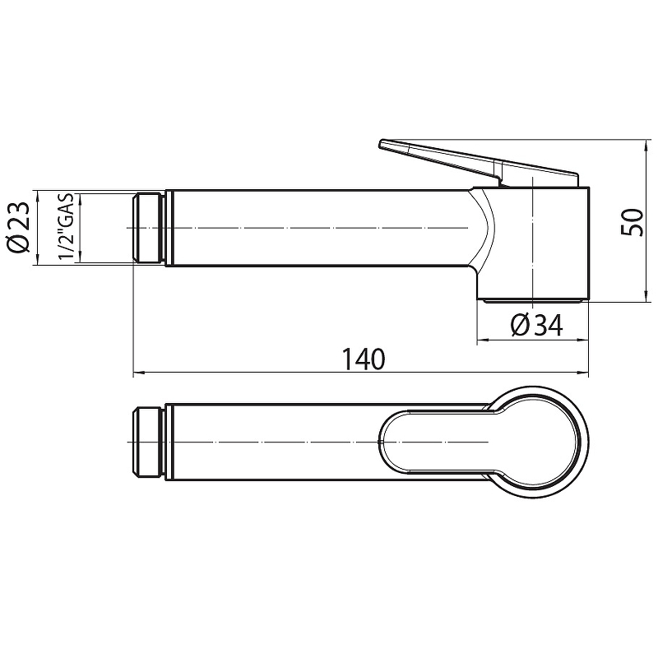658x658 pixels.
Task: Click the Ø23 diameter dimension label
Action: pos(18,228)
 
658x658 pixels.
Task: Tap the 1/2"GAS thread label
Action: pos(66,227)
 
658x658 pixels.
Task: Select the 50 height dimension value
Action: pos(633,222)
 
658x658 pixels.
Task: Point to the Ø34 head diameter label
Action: pos(537,325)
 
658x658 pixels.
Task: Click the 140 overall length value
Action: pos(364,359)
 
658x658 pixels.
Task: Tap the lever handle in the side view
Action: pos(479,161)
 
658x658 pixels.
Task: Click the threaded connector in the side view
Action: pos(149,229)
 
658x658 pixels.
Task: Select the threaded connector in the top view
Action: pos(149,442)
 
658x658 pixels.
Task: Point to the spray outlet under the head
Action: pos(533,300)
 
